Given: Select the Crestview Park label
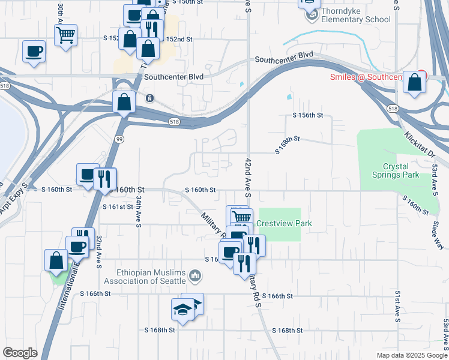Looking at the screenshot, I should pos(285,224).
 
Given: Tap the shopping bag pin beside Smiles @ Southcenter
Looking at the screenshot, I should pos(414,82).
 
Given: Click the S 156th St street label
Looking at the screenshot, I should pos(308,115).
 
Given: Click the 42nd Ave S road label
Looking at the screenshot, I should pos(247,178).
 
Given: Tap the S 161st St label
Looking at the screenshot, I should pos(117,207).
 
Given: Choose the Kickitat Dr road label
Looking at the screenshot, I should pos(420,145).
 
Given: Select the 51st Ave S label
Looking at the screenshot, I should pos(397,306).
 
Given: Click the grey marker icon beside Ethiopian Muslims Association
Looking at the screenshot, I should pos(194,277).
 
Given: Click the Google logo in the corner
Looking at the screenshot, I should pos(20,353).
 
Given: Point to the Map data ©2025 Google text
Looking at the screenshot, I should pos(411,355).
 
